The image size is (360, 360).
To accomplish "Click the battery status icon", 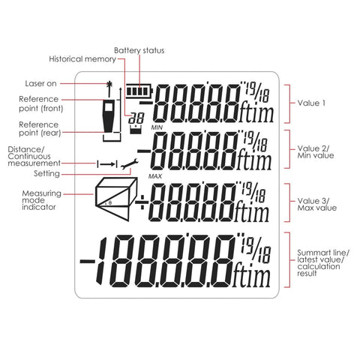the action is [x=139, y=91].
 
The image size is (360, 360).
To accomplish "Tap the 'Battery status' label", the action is [x=139, y=50].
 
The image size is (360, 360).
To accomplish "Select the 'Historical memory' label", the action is [x=82, y=59].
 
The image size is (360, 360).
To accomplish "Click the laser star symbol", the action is [x=109, y=85].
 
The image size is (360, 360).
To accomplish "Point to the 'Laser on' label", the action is [x=40, y=83].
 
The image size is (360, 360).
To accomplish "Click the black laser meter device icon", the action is [x=109, y=115].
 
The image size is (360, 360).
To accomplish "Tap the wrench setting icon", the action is [x=129, y=164].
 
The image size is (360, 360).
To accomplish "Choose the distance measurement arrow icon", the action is [x=106, y=164].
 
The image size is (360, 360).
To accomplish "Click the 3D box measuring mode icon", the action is [x=116, y=199].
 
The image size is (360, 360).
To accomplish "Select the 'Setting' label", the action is [x=46, y=173].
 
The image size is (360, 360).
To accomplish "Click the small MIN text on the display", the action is [x=157, y=127].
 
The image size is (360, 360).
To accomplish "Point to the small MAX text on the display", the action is [x=155, y=176].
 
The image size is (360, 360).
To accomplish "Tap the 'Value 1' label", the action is [x=311, y=103].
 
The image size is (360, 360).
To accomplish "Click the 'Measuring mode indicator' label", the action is [x=41, y=200].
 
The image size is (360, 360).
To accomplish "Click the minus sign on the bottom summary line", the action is [x=87, y=262].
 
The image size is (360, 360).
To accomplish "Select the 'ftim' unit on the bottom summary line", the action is [x=251, y=275].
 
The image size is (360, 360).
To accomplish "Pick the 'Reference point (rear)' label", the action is [x=40, y=128].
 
